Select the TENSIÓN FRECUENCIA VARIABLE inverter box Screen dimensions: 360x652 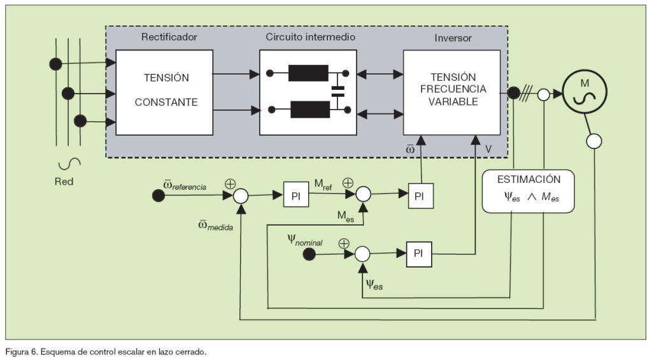tap(451, 93)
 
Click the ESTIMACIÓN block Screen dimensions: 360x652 tap(528, 191)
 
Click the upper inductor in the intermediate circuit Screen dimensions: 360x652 tap(308, 73)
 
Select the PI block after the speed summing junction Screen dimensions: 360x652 tap(296, 196)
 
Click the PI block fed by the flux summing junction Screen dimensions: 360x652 tap(418, 254)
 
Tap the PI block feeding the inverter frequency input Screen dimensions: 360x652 tap(419, 196)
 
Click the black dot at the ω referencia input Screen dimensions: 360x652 tap(158, 196)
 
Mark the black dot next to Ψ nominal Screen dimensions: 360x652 tap(309, 254)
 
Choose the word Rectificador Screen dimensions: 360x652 tap(169, 37)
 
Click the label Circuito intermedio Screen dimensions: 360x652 tap(310, 37)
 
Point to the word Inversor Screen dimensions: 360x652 tap(453, 38)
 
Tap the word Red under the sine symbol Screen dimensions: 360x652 tap(64, 182)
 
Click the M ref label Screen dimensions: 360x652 tap(323, 185)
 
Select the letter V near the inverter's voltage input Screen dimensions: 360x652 tap(488, 149)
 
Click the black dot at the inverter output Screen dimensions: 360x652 tap(513, 94)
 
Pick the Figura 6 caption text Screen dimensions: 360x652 tap(106, 352)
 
